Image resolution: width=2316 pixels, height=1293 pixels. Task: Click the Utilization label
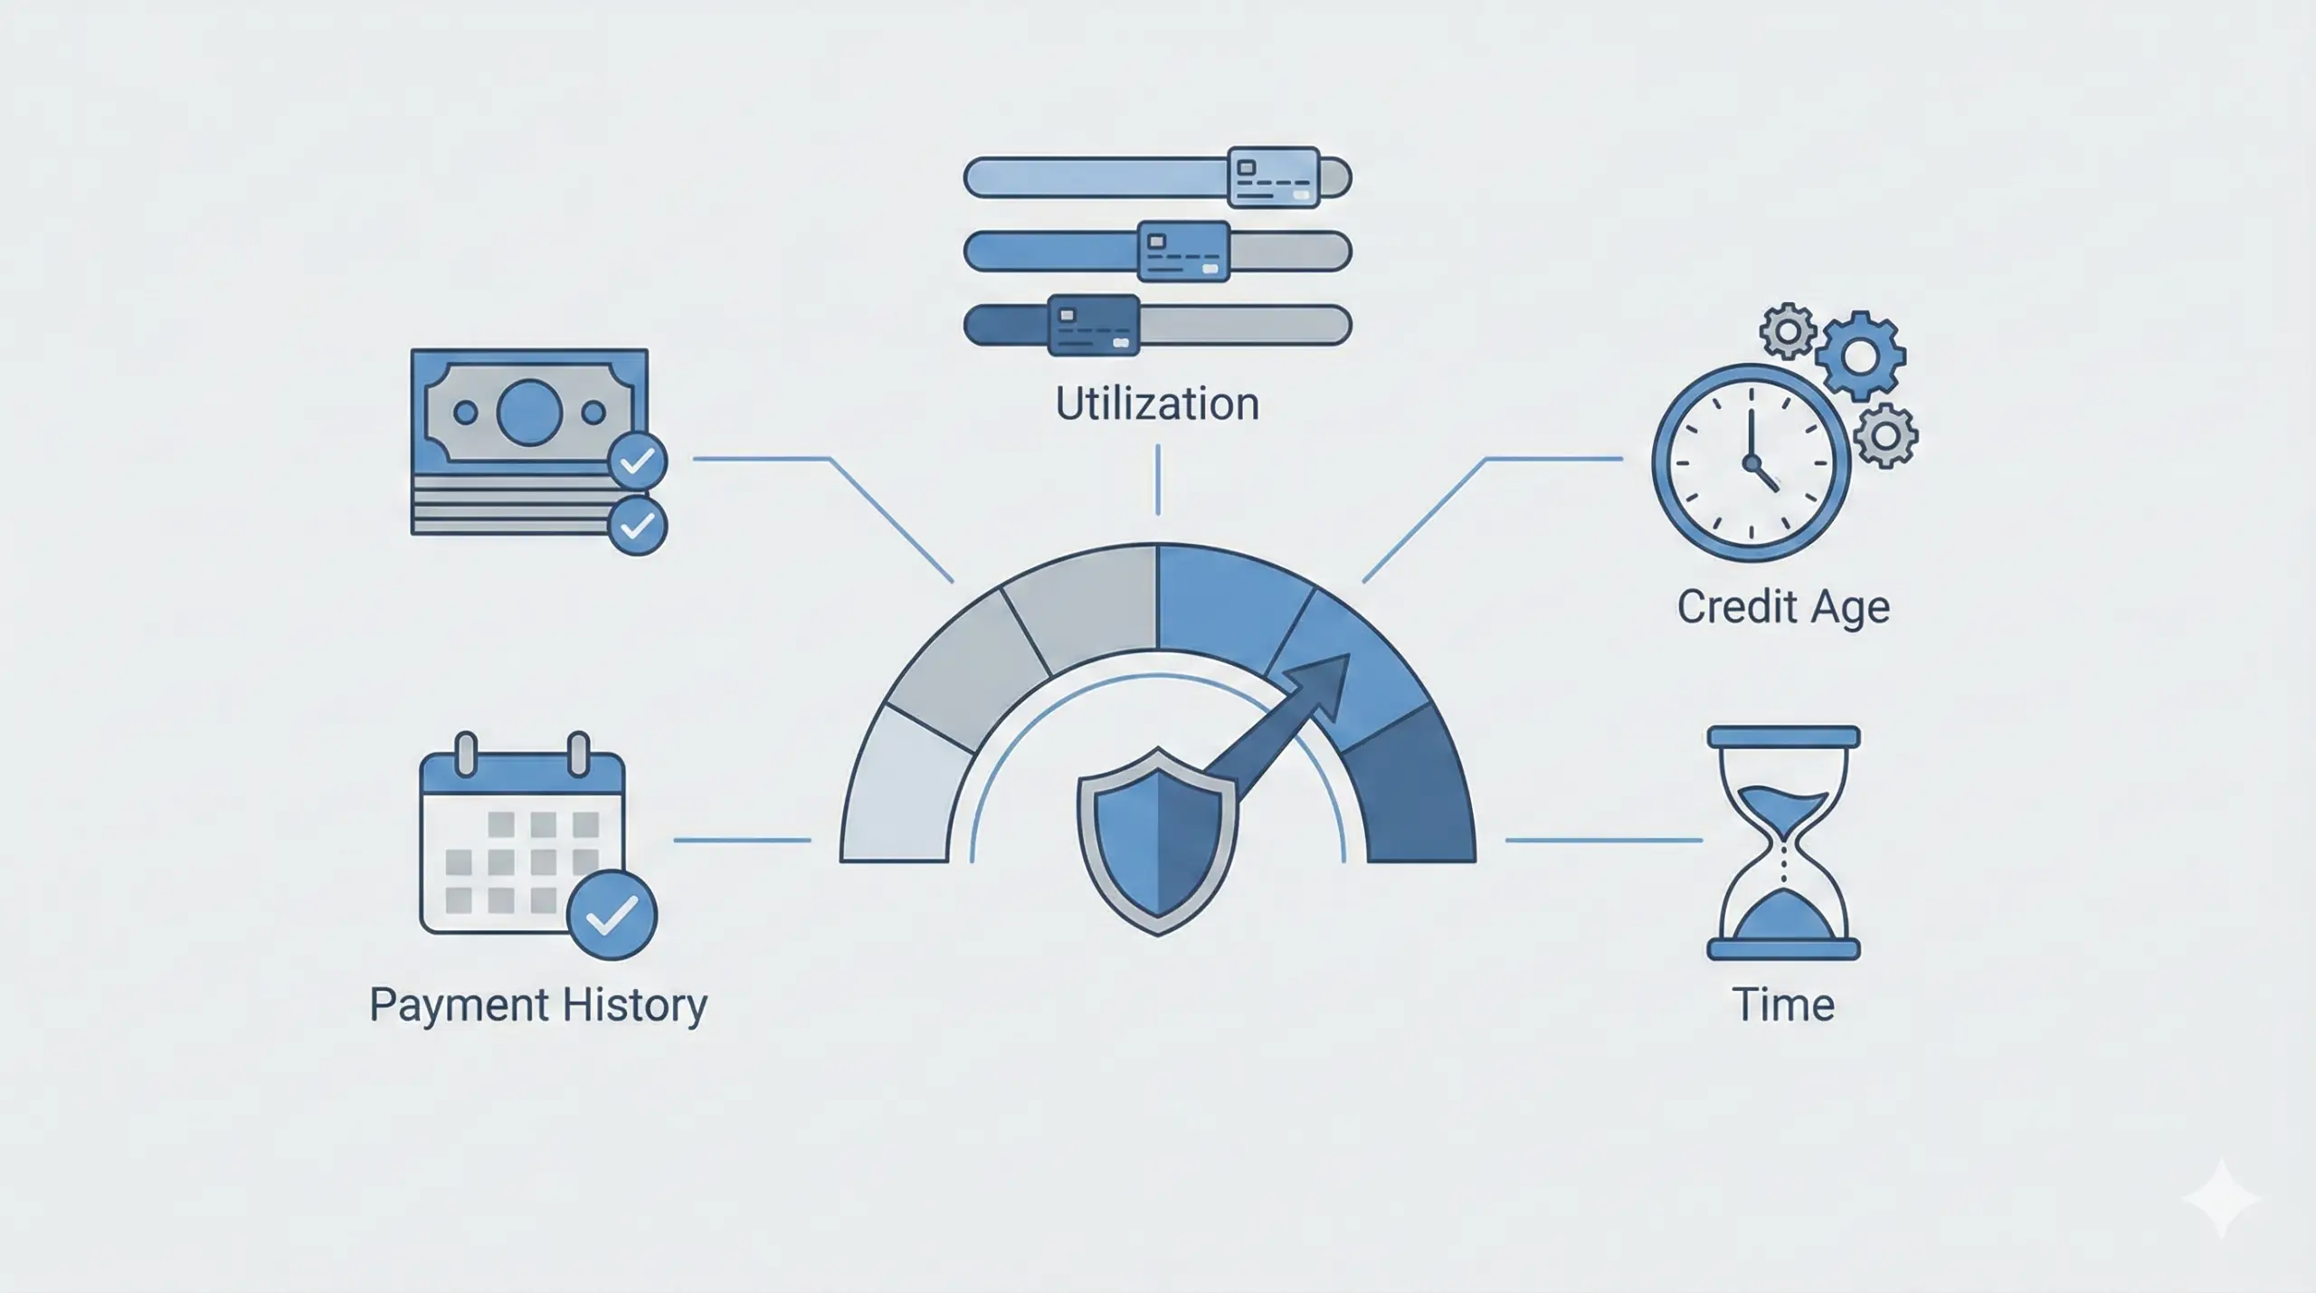(1157, 404)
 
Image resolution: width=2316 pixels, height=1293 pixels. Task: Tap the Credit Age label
(1783, 606)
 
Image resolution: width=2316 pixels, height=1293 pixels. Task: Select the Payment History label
(538, 1004)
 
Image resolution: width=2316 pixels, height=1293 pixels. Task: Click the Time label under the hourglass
(1783, 1004)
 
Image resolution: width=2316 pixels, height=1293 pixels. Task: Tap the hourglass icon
(1783, 841)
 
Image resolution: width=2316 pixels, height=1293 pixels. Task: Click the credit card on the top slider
(1274, 177)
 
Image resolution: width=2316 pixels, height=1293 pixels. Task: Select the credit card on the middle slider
(1183, 251)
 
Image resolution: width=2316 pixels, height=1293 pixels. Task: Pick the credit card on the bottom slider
(1093, 325)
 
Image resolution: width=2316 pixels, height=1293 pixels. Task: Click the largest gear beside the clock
(1860, 357)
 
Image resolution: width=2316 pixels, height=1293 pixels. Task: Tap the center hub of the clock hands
(1752, 463)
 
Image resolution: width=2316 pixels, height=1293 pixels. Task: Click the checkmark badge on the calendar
(612, 915)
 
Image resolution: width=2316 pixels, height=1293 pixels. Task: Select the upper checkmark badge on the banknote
(638, 461)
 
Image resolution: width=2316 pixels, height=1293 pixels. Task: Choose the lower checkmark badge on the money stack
(638, 526)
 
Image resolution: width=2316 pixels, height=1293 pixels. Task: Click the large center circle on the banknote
(529, 413)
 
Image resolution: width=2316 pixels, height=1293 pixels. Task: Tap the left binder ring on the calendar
(466, 754)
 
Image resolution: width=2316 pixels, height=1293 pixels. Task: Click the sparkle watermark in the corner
(2222, 1198)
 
